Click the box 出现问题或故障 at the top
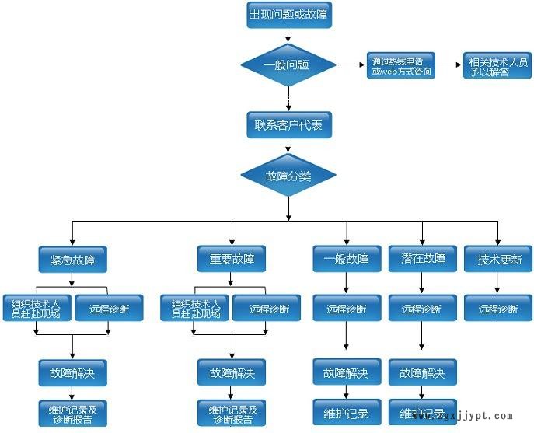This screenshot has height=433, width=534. pyautogui.click(x=288, y=16)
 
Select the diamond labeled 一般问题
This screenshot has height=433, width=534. pyautogui.click(x=288, y=65)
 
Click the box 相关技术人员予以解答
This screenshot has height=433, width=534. pyautogui.click(x=496, y=66)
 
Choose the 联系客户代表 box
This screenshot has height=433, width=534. pyautogui.click(x=288, y=124)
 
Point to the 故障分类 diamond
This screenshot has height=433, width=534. pyautogui.click(x=288, y=176)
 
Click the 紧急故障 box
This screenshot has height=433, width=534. pyautogui.click(x=72, y=259)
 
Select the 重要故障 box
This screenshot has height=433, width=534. pyautogui.click(x=232, y=259)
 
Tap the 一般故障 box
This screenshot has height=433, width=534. pyautogui.click(x=347, y=259)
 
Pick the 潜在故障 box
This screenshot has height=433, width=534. pyautogui.click(x=423, y=259)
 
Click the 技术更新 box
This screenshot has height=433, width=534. pyautogui.click(x=499, y=259)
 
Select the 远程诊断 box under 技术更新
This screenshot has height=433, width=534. pyautogui.click(x=499, y=309)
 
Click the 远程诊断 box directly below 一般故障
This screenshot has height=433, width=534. pyautogui.click(x=347, y=309)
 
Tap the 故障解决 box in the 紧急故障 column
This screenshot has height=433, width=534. pyautogui.click(x=72, y=372)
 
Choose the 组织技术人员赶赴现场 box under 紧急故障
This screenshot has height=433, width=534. pyautogui.click(x=37, y=309)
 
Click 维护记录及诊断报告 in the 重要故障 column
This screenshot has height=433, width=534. pyautogui.click(x=232, y=413)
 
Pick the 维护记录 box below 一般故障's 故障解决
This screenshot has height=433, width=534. pyautogui.click(x=347, y=412)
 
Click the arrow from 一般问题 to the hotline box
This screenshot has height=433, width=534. pyautogui.click(x=351, y=65)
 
